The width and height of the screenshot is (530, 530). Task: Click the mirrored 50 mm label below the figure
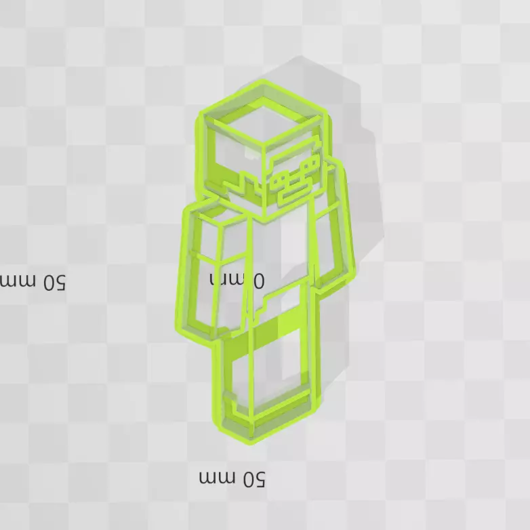point(232,478)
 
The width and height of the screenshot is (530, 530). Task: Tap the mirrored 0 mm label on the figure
point(237,279)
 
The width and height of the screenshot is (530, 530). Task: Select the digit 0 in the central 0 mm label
point(258,279)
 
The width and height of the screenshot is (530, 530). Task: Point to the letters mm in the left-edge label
point(15,279)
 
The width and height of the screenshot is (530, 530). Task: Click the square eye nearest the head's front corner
point(279,178)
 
